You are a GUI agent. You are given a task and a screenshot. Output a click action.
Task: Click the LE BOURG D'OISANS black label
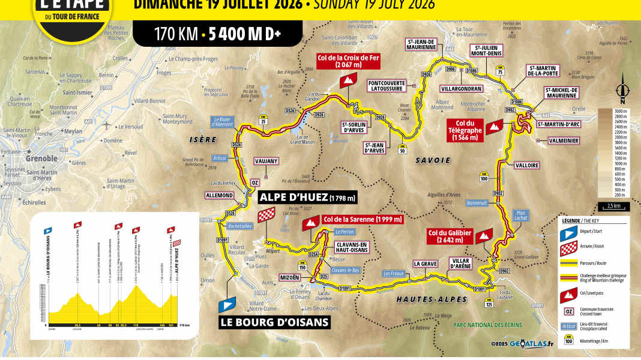tap(274, 323)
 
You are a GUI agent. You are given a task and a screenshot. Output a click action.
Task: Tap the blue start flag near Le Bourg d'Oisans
tap(227, 305)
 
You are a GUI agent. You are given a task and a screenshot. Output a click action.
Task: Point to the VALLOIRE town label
tap(526, 164)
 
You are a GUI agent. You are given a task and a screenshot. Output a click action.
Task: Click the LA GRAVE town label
tap(424, 263)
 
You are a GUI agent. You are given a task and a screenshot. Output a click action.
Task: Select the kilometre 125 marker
tap(489, 304)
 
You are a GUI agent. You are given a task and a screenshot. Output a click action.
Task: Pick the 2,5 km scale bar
tap(614, 207)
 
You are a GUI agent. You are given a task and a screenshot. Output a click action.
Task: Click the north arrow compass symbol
tap(624, 86)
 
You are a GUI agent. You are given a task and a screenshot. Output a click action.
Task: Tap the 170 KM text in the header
tap(176, 34)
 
